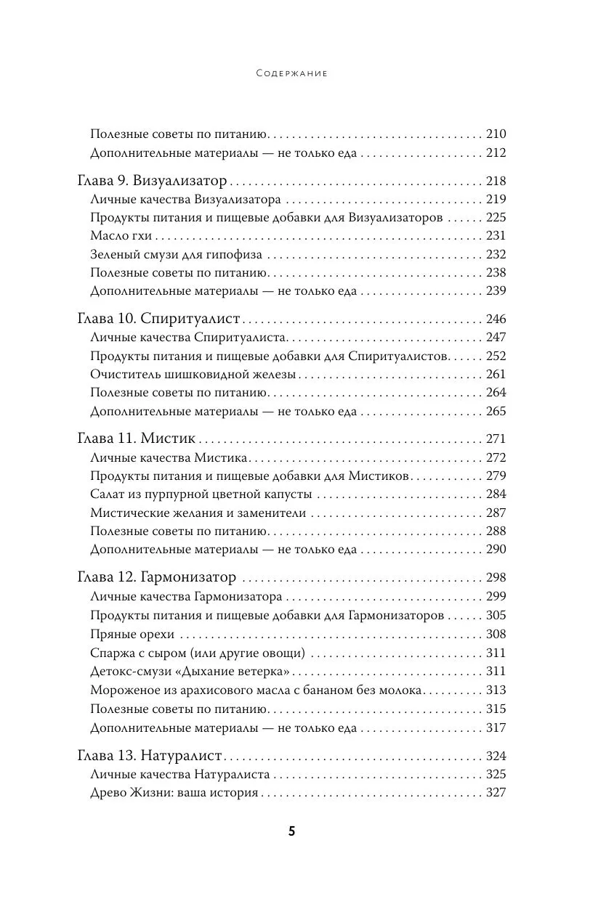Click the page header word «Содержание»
click(x=292, y=73)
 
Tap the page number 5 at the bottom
click(x=291, y=832)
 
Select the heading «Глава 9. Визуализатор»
click(x=152, y=182)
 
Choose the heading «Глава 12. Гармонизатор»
click(x=156, y=578)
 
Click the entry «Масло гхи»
click(x=121, y=236)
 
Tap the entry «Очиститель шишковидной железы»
click(x=193, y=375)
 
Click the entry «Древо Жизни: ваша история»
click(x=174, y=793)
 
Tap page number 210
click(x=495, y=134)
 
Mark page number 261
click(x=495, y=375)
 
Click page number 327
click(x=495, y=793)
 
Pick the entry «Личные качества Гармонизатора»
click(x=187, y=597)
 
